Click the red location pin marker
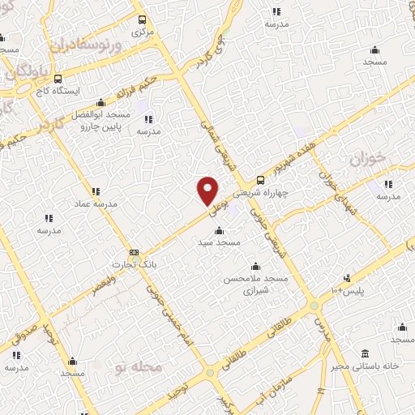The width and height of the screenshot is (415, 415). pos(208,190)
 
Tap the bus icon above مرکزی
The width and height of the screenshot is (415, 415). pos(143,20)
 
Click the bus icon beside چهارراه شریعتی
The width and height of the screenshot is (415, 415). pos(260,180)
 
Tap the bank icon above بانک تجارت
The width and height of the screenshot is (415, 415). pos(134,252)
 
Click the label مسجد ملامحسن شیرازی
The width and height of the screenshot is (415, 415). pos(256,284)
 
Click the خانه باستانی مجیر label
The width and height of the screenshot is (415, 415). pos(366,366)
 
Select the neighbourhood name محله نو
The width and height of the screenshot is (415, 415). pos(134,368)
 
